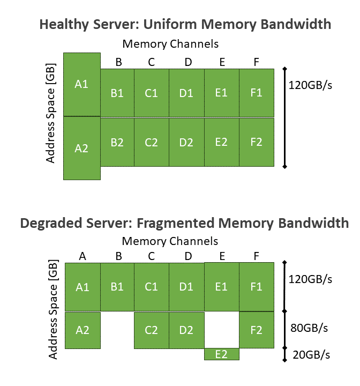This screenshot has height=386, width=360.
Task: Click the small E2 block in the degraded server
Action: [x=221, y=354]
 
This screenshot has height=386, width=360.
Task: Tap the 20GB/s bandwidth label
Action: [x=311, y=354]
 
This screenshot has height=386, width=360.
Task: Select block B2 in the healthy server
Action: [x=117, y=142]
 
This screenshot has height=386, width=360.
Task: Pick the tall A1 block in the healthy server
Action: [x=81, y=84]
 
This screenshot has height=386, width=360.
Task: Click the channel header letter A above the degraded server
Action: [x=82, y=256]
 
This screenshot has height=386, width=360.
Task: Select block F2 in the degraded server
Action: [x=256, y=330]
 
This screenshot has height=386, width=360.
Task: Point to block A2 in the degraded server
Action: [x=82, y=330]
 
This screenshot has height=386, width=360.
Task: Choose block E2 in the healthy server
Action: [x=221, y=142]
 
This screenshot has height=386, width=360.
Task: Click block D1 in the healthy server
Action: [x=186, y=93]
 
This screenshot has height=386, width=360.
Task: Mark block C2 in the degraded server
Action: [x=151, y=330]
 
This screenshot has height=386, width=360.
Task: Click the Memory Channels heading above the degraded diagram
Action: [x=170, y=241]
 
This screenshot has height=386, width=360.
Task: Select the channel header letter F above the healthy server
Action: [x=256, y=62]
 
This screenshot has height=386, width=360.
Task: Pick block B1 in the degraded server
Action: [x=117, y=287]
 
